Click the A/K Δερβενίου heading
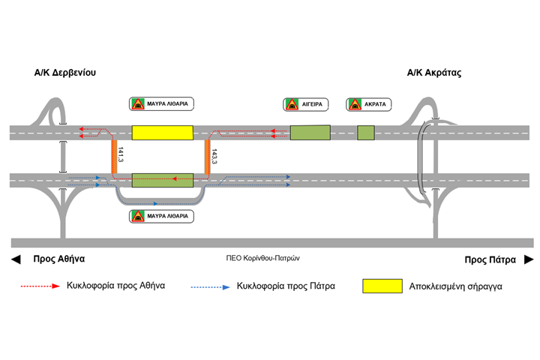point(65,73)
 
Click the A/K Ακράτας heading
point(433,73)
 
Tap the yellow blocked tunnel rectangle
point(162,133)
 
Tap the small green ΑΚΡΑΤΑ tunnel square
point(366,133)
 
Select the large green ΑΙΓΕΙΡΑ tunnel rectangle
point(309,133)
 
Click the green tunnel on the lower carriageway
point(162,180)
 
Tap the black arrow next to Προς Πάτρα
point(528,259)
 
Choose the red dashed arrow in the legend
point(38,286)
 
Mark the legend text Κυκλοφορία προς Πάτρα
point(285,286)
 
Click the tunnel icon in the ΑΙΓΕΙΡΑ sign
point(290,104)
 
